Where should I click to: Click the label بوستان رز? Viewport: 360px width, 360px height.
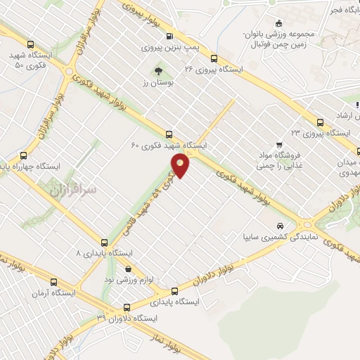pyautogui.click(x=158, y=83)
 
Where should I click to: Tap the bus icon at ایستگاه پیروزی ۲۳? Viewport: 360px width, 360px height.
pyautogui.click(x=320, y=121)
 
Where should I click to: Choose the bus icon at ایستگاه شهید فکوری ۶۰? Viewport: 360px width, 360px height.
pyautogui.click(x=169, y=134)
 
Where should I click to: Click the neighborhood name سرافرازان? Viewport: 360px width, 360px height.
pyautogui.click(x=73, y=188)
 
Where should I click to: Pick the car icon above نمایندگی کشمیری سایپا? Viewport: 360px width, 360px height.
pyautogui.click(x=281, y=226)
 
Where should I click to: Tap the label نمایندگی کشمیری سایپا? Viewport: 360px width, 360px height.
pyautogui.click(x=281, y=238)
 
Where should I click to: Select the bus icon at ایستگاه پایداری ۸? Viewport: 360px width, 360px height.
pyautogui.click(x=105, y=240)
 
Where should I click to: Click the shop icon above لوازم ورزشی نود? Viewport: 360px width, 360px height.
pyautogui.click(x=127, y=268)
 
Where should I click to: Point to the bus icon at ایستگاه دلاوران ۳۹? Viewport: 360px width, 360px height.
pyautogui.click(x=127, y=307)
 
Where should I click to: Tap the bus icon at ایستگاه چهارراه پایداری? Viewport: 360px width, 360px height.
pyautogui.click(x=24, y=156)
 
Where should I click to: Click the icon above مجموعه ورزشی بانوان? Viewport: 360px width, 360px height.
pyautogui.click(x=279, y=22)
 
